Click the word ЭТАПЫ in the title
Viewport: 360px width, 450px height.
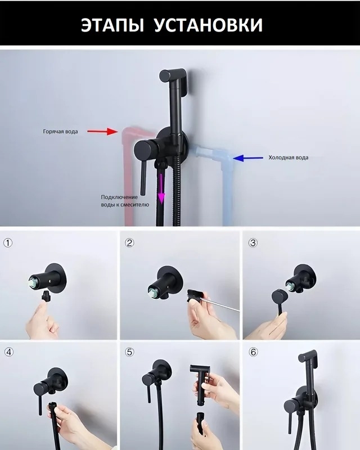click(x=112, y=25)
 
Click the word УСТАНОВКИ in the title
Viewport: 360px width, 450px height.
click(x=209, y=25)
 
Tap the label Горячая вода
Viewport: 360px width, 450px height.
click(x=60, y=132)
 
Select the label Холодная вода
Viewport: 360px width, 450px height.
click(x=289, y=157)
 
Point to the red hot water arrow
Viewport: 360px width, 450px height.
click(x=102, y=132)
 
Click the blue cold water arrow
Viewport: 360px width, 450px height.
click(x=248, y=157)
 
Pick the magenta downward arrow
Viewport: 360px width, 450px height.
click(x=161, y=188)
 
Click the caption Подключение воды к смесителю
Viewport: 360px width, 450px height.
click(x=125, y=201)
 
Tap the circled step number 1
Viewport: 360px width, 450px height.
click(x=8, y=243)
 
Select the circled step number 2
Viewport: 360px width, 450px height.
click(x=129, y=243)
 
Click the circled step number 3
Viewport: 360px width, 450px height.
click(x=253, y=243)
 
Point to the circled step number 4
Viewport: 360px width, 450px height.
click(x=9, y=352)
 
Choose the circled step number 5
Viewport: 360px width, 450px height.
click(x=129, y=352)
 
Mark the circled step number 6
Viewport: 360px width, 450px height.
click(x=253, y=352)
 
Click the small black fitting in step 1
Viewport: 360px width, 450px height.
click(x=46, y=296)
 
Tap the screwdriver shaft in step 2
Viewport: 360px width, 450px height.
click(x=219, y=304)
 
